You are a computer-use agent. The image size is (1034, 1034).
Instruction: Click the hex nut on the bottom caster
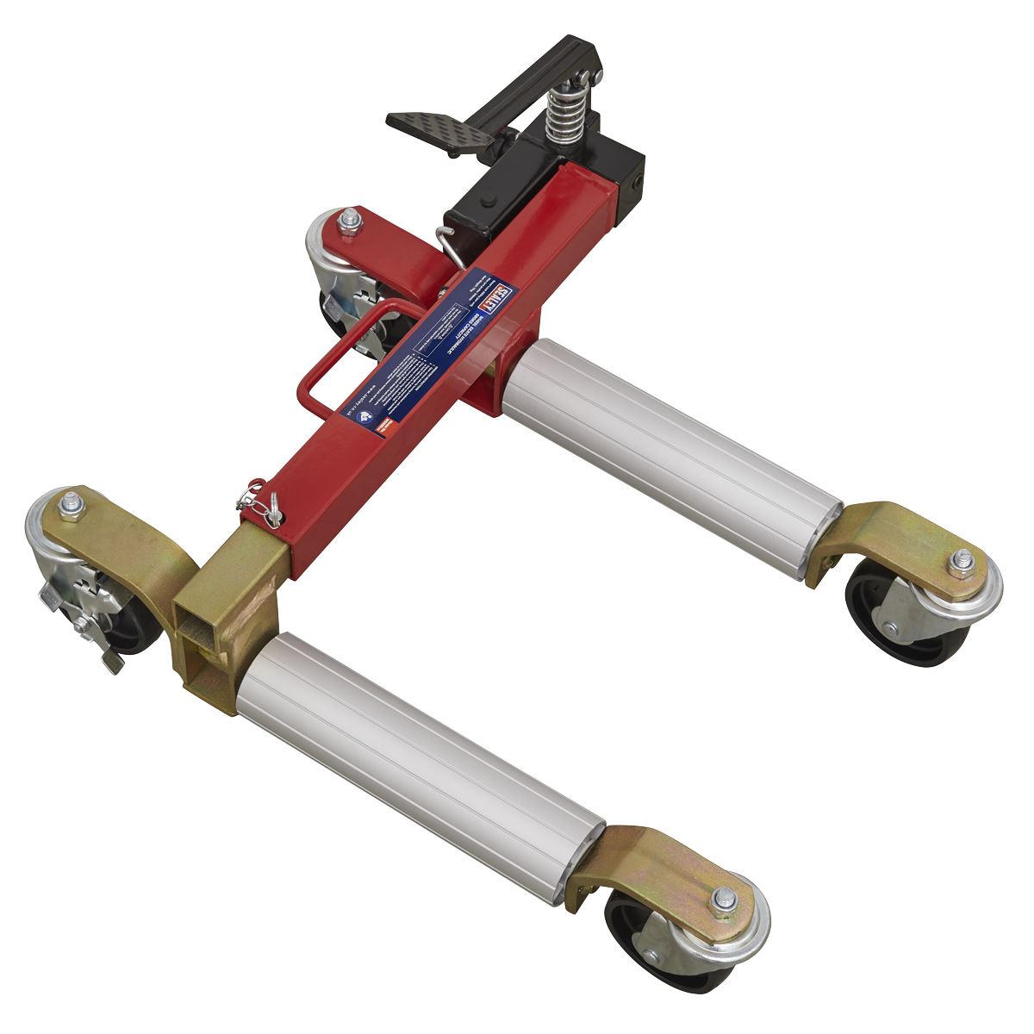[720, 900]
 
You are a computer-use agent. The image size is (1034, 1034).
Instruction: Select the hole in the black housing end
[637, 181]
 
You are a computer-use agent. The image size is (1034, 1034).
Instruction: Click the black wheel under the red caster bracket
[362, 319]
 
